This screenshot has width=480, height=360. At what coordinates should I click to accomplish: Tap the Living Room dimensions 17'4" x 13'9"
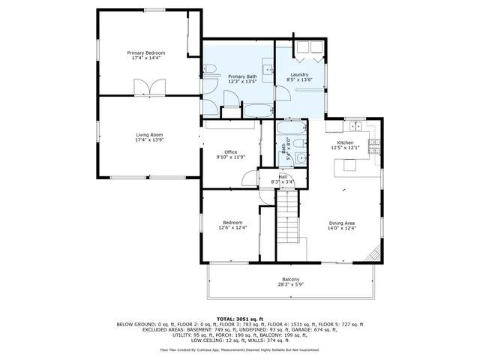[x=148, y=140]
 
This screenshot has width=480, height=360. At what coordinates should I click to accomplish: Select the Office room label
[x=231, y=152]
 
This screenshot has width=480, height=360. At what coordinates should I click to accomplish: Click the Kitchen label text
[x=345, y=142]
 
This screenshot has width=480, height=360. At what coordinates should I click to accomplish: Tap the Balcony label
[x=291, y=280]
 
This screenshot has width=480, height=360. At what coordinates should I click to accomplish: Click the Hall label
[x=283, y=177]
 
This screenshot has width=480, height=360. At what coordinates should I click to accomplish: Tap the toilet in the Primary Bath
[x=211, y=71]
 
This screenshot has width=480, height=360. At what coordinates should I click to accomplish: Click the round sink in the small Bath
[x=300, y=157]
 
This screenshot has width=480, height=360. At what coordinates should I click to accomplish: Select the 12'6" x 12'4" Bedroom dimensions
[x=231, y=228]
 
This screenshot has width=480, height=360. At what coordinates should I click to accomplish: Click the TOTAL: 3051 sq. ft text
[x=239, y=319]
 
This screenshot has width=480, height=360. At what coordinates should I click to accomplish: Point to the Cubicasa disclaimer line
[x=239, y=349]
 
